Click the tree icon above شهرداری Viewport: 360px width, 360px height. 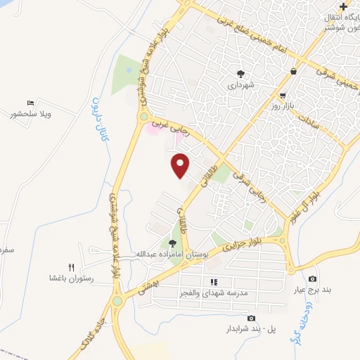pos(240,72)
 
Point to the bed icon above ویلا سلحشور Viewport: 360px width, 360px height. pos(30,103)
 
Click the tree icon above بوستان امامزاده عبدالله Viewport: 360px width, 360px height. pos(172,243)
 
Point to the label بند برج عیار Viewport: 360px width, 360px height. pos(312,290)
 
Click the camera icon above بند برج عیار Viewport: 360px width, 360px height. pos(312,279)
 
